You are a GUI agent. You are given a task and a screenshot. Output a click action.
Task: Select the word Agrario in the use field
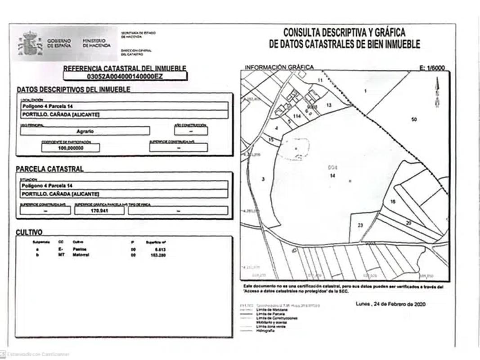point(85,131)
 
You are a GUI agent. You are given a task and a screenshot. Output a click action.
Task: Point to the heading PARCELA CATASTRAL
point(49,169)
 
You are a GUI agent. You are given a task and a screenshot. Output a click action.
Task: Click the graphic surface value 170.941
point(99,210)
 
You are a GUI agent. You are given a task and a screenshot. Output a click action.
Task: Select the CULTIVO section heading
point(29,232)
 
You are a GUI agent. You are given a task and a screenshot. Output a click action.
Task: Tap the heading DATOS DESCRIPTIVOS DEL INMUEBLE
point(73,90)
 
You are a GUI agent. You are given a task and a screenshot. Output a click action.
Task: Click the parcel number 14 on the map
point(332,176)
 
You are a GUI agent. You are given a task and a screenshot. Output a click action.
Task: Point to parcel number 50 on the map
point(414,119)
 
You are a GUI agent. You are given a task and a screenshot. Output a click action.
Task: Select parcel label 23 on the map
point(360,225)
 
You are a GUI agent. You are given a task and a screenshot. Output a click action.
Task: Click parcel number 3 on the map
point(263,179)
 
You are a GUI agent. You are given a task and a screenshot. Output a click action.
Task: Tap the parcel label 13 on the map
point(329,104)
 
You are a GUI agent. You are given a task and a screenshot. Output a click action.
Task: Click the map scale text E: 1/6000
point(431,67)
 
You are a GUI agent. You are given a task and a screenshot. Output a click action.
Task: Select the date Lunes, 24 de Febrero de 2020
point(390,304)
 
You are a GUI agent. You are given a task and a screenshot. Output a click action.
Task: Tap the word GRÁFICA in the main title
point(388,33)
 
